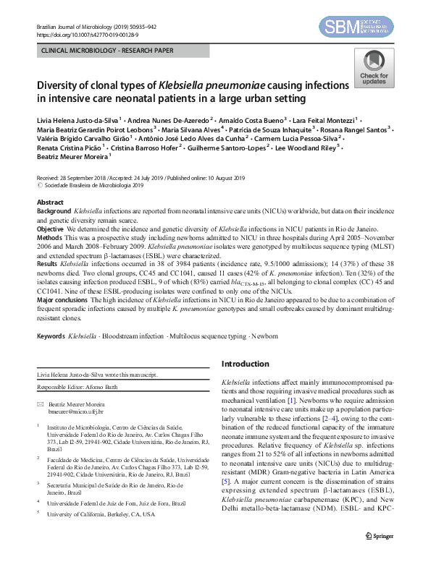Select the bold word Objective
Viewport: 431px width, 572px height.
tap(51, 229)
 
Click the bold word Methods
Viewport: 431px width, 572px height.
tap(49, 237)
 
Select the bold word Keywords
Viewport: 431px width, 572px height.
tap(50, 336)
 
